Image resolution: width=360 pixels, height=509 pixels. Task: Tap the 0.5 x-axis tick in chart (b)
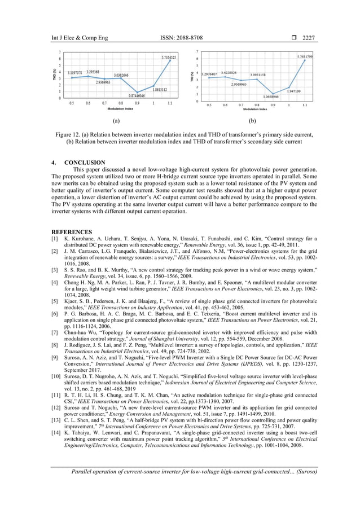[209, 105]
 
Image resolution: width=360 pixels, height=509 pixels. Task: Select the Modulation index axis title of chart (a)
[121, 108]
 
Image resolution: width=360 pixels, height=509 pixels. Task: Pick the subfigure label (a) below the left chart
[116, 121]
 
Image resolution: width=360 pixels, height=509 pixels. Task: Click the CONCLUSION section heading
[85, 163]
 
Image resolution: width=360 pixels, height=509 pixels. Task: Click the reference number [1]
[56, 239]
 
